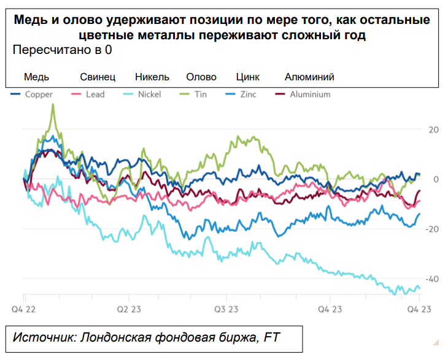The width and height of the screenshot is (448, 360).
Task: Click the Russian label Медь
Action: pos(36,77)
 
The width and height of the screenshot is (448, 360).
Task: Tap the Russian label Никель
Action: pos(152,77)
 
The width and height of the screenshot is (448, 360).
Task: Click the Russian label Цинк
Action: pos(248,77)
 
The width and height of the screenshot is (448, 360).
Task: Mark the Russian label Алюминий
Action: pos(309,77)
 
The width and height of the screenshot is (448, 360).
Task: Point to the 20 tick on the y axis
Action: pos(433,130)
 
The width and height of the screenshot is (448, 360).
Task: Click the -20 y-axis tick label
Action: pos(432,229)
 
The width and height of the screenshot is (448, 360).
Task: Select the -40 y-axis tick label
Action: pos(432,278)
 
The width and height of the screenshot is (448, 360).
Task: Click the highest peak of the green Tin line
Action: pos(53,104)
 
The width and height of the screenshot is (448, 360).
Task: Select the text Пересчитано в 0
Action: pos(62,50)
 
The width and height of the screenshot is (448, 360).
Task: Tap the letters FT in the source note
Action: pos(272,338)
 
